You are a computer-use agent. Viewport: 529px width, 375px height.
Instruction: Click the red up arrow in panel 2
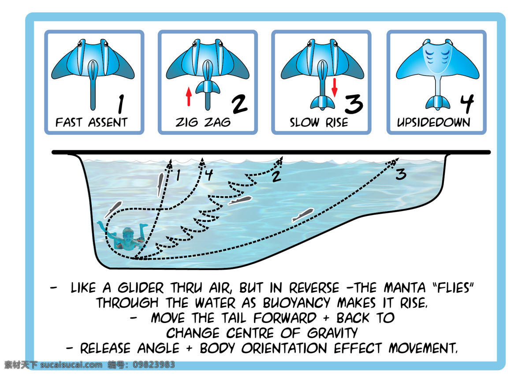pyautogui.click(x=189, y=97)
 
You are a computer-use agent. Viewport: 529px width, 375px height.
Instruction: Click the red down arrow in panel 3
pyautogui.click(x=335, y=88)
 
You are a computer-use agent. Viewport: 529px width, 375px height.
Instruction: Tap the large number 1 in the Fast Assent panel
pyautogui.click(x=121, y=104)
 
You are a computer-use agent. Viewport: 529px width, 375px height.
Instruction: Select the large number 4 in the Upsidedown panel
pyautogui.click(x=467, y=104)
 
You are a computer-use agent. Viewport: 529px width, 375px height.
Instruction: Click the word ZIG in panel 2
pyautogui.click(x=186, y=123)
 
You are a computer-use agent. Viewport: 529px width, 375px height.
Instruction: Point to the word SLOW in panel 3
pyautogui.click(x=305, y=123)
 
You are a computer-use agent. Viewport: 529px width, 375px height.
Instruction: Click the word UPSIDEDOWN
pyautogui.click(x=434, y=123)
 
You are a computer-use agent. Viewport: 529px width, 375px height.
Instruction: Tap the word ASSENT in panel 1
pyautogui.click(x=108, y=123)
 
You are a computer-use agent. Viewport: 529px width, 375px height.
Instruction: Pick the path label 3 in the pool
pyautogui.click(x=401, y=175)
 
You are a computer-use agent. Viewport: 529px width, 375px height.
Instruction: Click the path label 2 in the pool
pyautogui.click(x=276, y=177)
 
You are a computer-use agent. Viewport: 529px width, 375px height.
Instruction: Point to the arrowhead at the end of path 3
pyautogui.click(x=395, y=161)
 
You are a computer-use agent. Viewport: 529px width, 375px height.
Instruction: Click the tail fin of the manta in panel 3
pyautogui.click(x=322, y=103)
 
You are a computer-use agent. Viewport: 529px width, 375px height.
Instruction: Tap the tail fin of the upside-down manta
pyautogui.click(x=438, y=103)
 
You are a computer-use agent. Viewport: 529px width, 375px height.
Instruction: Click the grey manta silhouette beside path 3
pyautogui.click(x=303, y=215)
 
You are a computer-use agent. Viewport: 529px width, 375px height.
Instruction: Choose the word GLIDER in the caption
pyautogui.click(x=141, y=288)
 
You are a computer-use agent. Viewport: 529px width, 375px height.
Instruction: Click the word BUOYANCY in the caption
pyautogui.click(x=296, y=303)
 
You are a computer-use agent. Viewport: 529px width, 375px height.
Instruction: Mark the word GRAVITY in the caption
pyautogui.click(x=332, y=333)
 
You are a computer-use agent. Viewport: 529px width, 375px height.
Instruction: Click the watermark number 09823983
pyautogui.click(x=154, y=364)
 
